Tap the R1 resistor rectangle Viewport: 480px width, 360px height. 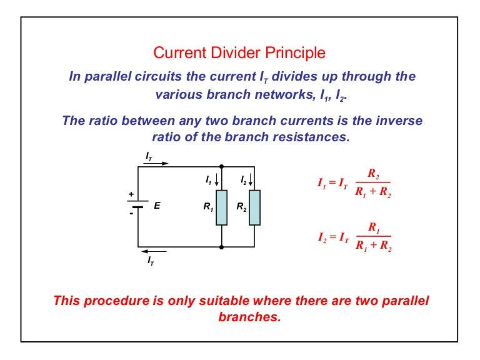pyautogui.click(x=222, y=207)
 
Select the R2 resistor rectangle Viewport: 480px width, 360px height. pyautogui.click(x=255, y=207)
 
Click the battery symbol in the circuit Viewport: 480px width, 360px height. pyautogui.click(x=137, y=204)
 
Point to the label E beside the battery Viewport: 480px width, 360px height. pyautogui.click(x=157, y=206)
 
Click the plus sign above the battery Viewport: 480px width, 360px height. pyautogui.click(x=131, y=194)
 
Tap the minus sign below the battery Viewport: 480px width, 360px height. pyautogui.click(x=131, y=213)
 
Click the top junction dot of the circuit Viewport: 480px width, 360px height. pyautogui.click(x=222, y=166)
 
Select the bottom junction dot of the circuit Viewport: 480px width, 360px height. pyautogui.click(x=222, y=247)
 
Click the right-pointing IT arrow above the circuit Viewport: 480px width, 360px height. pyautogui.click(x=156, y=163)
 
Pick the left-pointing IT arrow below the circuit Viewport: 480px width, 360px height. pyautogui.click(x=154, y=252)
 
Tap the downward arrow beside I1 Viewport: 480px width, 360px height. pyautogui.click(x=217, y=180)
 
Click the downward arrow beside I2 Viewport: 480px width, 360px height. pyautogui.click(x=251, y=180)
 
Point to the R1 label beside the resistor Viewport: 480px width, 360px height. pyautogui.click(x=208, y=207)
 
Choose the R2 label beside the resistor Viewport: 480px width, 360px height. pyautogui.click(x=241, y=207)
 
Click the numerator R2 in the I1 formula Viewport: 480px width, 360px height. pyautogui.click(x=374, y=174)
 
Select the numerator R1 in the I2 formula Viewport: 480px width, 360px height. pyautogui.click(x=374, y=227)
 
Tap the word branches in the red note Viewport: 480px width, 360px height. pyautogui.click(x=249, y=317)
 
